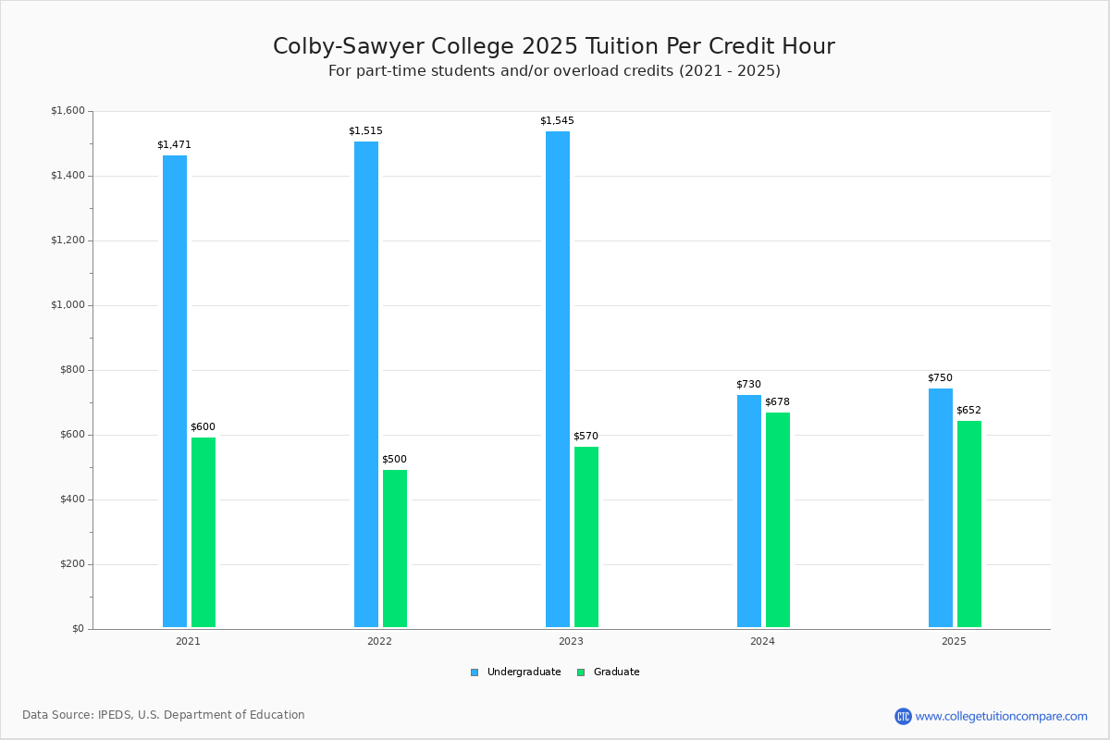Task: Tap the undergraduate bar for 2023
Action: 558,378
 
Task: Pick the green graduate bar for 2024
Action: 778,519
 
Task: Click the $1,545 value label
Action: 557,121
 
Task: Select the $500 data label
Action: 394,460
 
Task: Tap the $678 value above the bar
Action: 777,402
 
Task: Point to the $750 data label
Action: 940,378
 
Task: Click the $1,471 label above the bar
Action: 174,145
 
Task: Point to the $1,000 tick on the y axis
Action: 67,305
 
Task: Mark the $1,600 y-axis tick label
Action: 67,111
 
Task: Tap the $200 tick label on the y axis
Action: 70,564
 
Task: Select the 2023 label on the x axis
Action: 571,641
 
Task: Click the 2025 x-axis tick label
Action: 954,641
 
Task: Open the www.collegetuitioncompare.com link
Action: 1002,716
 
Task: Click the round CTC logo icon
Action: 903,716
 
